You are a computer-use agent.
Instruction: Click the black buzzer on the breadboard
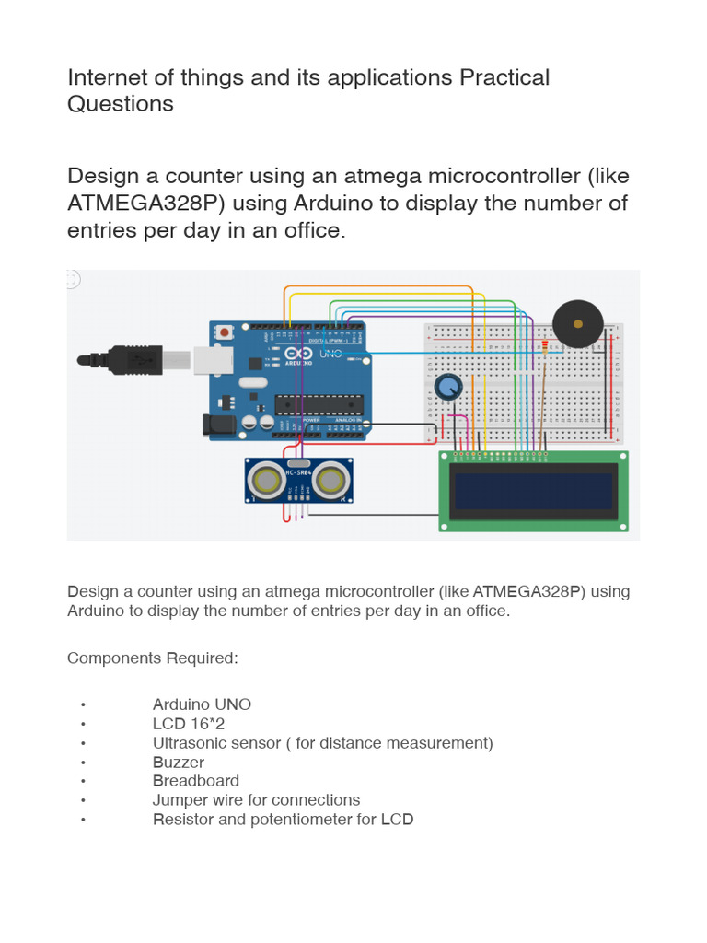tap(577, 324)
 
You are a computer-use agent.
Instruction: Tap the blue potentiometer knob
tap(448, 388)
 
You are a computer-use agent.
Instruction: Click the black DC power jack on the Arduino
tap(216, 424)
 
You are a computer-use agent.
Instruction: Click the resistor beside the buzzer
tap(545, 346)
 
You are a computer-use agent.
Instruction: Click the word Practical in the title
tap(504, 77)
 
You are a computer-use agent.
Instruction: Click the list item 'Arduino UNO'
tap(202, 704)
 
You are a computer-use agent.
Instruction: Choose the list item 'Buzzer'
tap(179, 763)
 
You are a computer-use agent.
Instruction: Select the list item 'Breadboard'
tap(196, 781)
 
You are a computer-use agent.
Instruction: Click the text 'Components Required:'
tap(152, 658)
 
